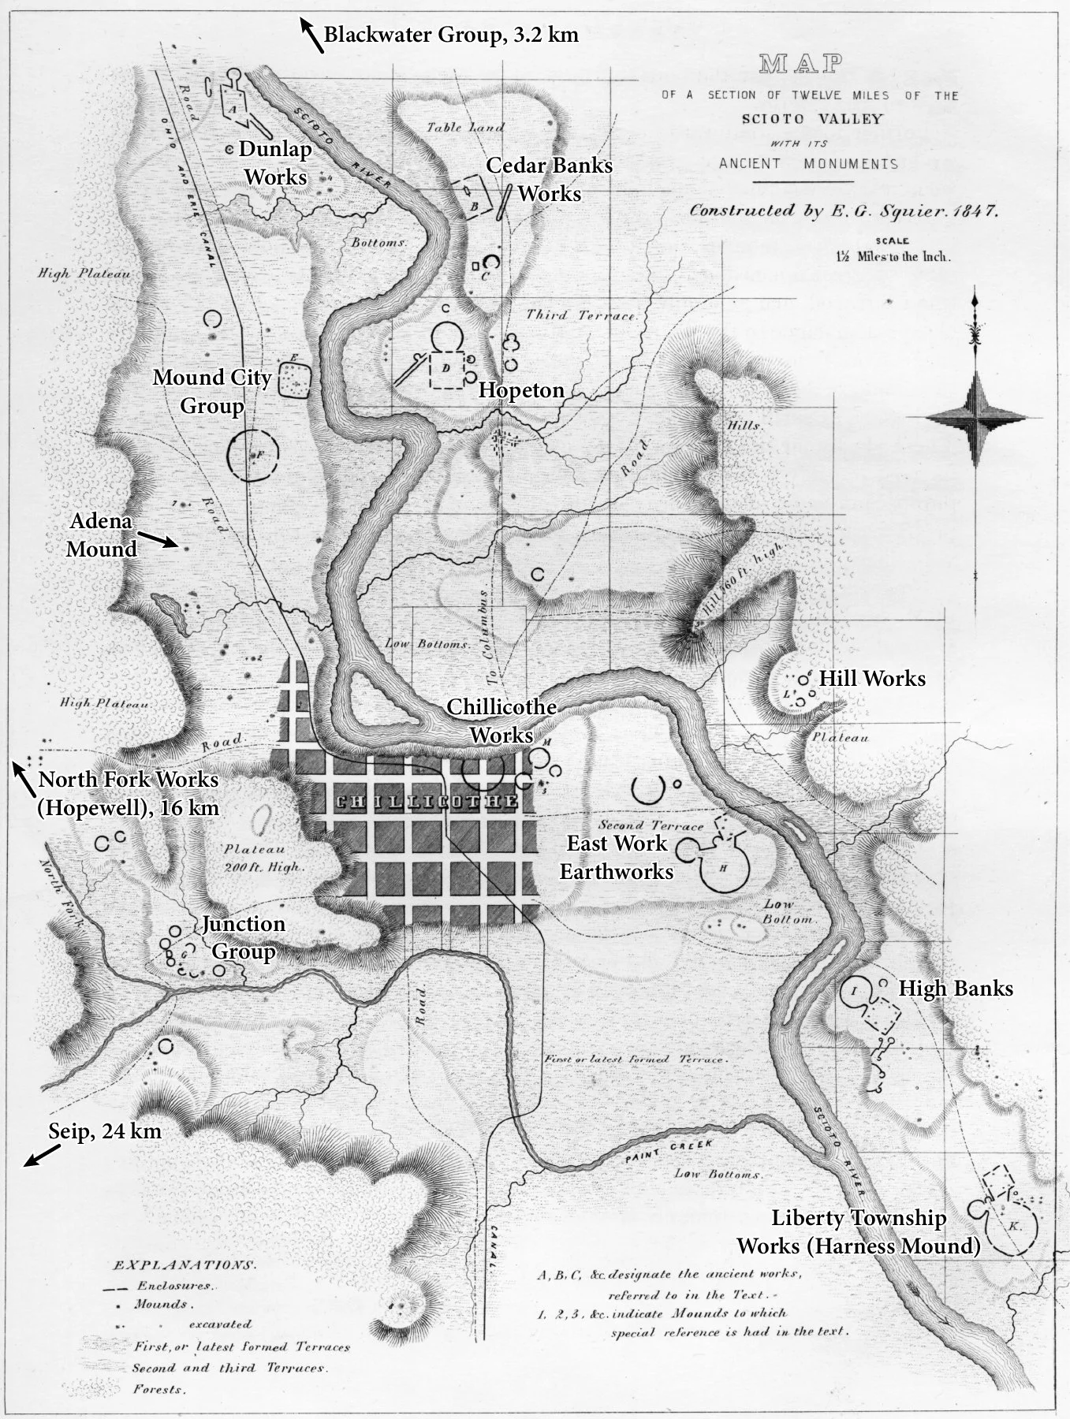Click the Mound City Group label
point(211,391)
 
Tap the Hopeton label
point(521,390)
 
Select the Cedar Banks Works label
point(549,180)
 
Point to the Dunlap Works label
point(275,162)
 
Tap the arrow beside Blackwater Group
point(311,36)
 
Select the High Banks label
point(956,988)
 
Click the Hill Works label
point(872,678)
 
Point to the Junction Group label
point(244,937)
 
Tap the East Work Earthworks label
point(617,857)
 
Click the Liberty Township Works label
point(859,1232)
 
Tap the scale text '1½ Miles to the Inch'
point(893,256)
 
